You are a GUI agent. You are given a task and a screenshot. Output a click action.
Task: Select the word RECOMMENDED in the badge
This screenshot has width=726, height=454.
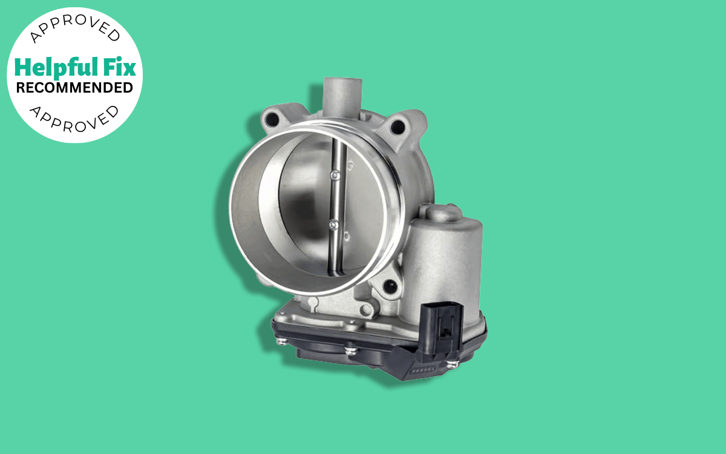[74, 88]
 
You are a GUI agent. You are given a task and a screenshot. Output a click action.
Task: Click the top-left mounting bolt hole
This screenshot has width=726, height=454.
[272, 120]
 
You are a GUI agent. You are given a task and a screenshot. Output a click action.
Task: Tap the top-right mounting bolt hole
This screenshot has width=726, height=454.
[397, 127]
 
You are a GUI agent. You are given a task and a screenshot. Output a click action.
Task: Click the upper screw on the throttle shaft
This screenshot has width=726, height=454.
[333, 175]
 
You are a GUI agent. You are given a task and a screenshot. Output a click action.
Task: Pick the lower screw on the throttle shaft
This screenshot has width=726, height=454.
[333, 225]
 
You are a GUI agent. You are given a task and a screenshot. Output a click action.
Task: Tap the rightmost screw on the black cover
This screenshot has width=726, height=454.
[452, 364]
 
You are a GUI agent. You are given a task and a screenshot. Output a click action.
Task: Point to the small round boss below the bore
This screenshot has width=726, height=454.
[367, 309]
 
